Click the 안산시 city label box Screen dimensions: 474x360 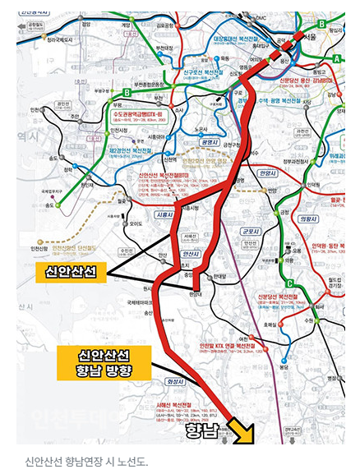click(x=190, y=255)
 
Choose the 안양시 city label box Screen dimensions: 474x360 click(x=267, y=174)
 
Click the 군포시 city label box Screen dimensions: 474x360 click(x=251, y=232)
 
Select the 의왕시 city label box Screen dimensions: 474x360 click(x=308, y=220)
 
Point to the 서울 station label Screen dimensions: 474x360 click(x=307, y=38)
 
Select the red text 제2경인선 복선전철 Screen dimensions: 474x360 click(x=135, y=150)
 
